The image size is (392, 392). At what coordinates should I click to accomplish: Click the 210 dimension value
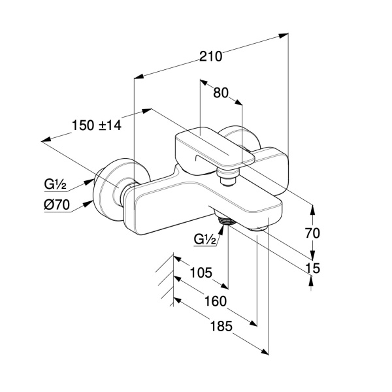[211, 56]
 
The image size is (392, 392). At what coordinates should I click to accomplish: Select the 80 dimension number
[221, 93]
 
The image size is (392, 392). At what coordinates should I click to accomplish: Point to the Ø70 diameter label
[57, 204]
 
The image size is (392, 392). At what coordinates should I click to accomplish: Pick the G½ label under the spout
[204, 239]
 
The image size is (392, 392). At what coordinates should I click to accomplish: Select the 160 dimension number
[214, 301]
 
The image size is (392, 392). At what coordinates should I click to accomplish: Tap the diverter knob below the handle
[227, 176]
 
